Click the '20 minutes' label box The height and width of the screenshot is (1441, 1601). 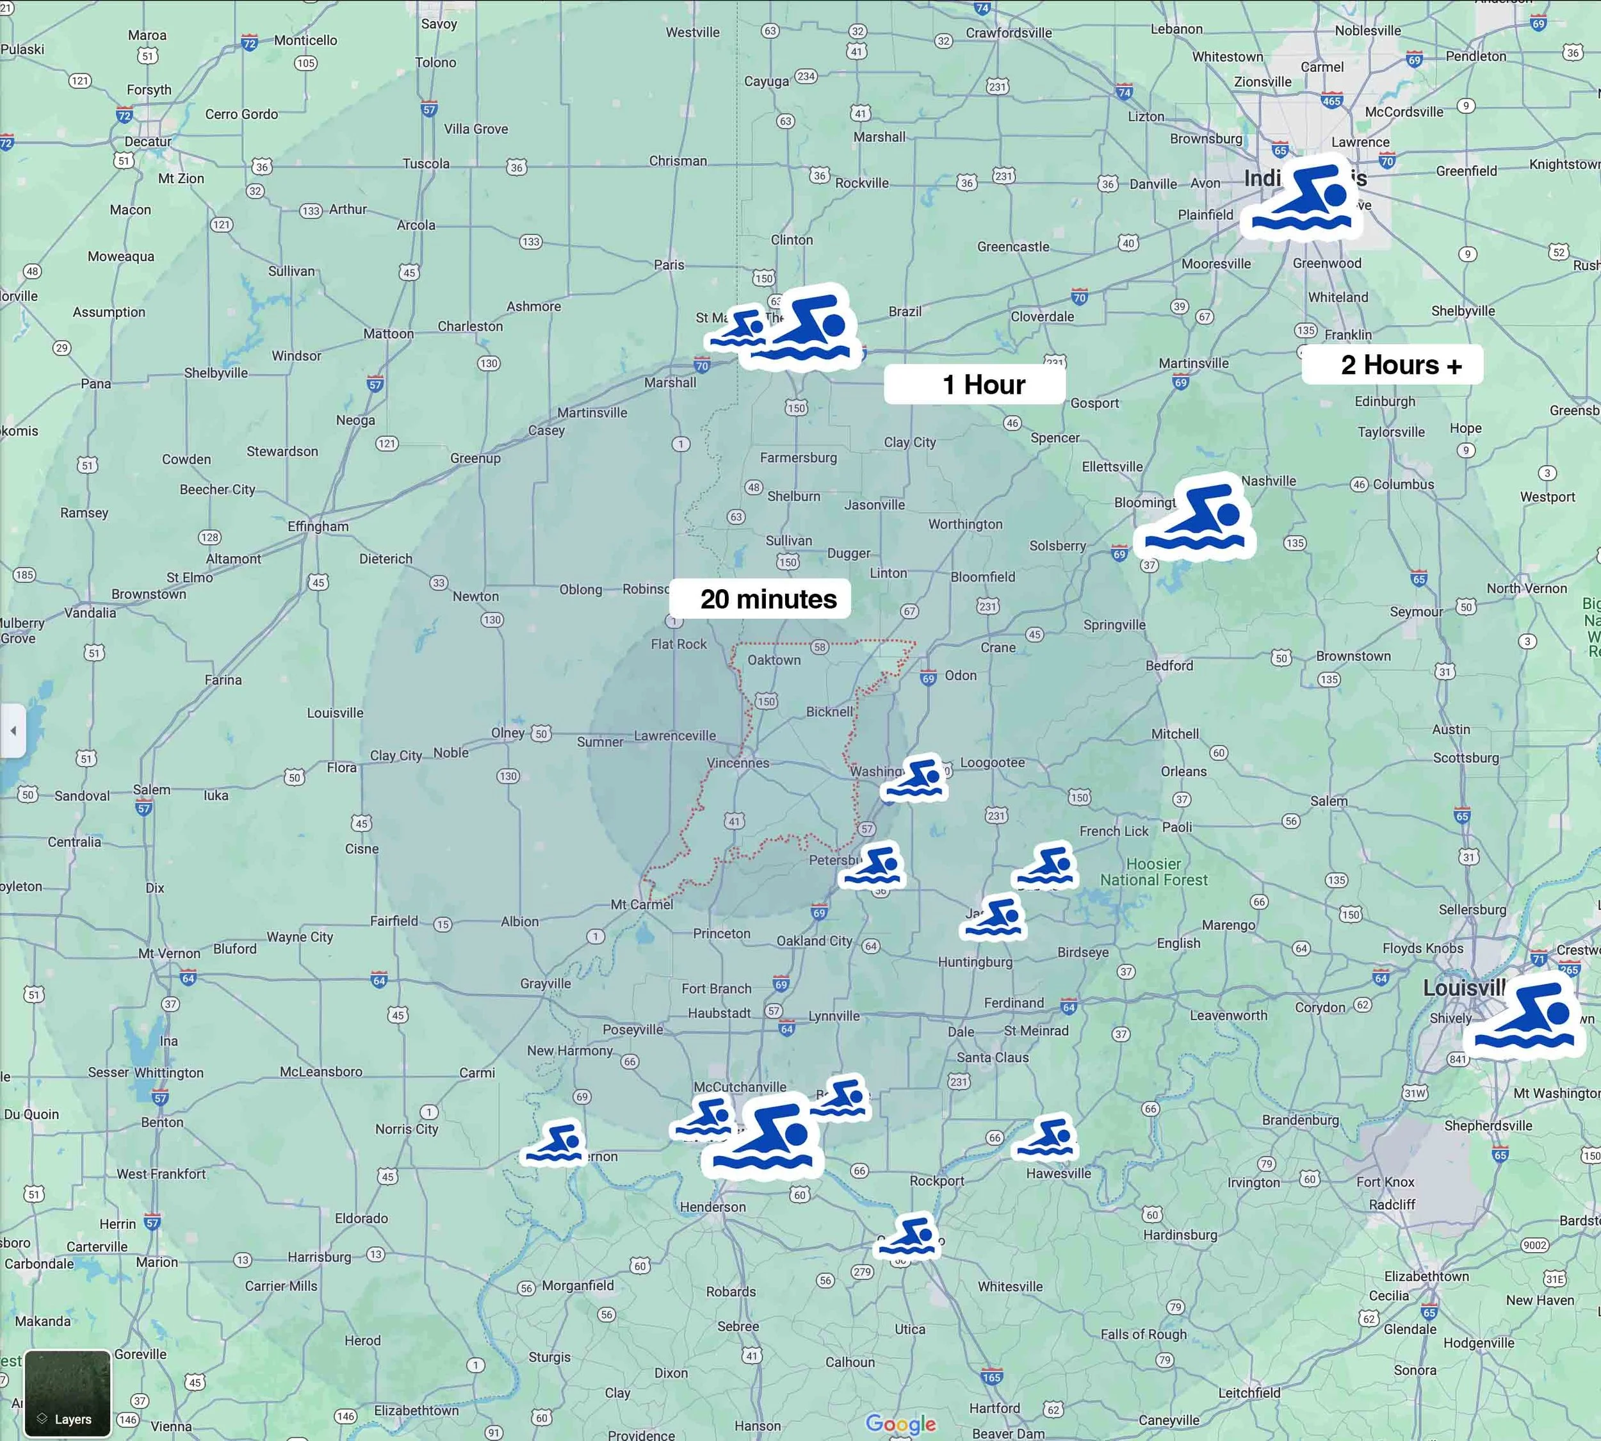click(x=760, y=599)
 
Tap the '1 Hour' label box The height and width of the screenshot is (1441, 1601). click(x=975, y=385)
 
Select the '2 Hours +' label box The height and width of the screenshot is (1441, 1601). click(x=1392, y=365)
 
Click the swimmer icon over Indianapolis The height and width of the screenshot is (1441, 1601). click(x=1303, y=199)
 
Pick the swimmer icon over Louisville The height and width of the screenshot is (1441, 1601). click(x=1524, y=1018)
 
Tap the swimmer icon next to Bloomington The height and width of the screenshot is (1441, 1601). click(x=1195, y=519)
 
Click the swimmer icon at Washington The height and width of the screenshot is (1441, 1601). click(x=914, y=778)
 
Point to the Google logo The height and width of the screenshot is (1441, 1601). click(x=900, y=1424)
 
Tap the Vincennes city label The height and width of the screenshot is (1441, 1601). click(x=737, y=763)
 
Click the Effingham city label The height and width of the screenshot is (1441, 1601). click(x=318, y=526)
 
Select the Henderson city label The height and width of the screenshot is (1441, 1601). click(x=713, y=1207)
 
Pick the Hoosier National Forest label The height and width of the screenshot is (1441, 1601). click(x=1153, y=872)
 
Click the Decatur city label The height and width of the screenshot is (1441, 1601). click(x=148, y=142)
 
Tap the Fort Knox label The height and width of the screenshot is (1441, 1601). click(x=1385, y=1182)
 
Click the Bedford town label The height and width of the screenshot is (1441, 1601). click(x=1169, y=666)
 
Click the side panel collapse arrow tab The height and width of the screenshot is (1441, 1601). click(x=13, y=730)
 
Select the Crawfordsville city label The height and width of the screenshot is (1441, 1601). click(x=1008, y=33)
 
